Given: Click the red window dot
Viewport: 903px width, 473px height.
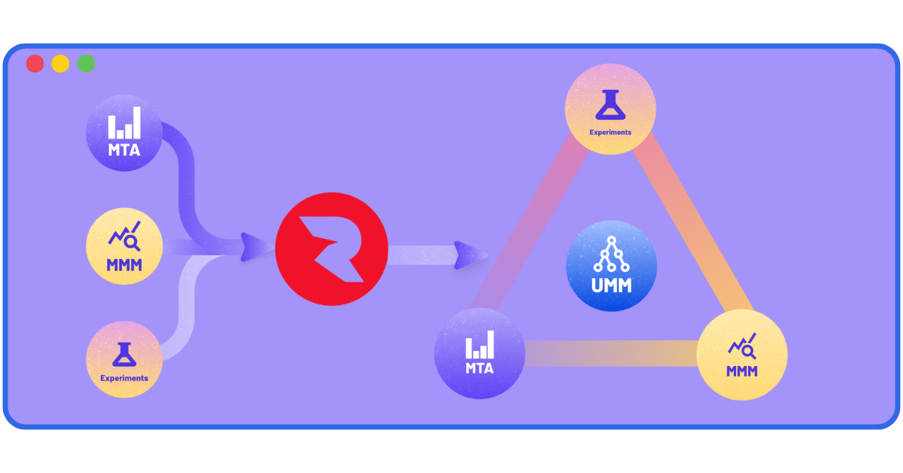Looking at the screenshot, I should click(x=35, y=64).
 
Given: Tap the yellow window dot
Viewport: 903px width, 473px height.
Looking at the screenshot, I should click(x=60, y=64).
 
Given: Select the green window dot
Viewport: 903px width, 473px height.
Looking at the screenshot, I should click(x=86, y=64).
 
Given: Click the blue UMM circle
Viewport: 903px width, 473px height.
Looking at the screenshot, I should click(x=611, y=266).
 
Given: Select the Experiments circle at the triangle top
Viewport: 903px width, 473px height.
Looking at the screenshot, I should click(x=610, y=110).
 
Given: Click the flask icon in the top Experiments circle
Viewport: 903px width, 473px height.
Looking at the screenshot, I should click(x=610, y=105).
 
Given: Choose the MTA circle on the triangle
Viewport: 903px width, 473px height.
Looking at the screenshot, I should click(x=480, y=352).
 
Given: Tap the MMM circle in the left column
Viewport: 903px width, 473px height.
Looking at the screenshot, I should click(x=124, y=246).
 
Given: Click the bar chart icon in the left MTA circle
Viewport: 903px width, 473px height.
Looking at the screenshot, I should click(x=124, y=125).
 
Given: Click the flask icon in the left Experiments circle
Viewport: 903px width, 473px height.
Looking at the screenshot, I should click(x=124, y=354).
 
